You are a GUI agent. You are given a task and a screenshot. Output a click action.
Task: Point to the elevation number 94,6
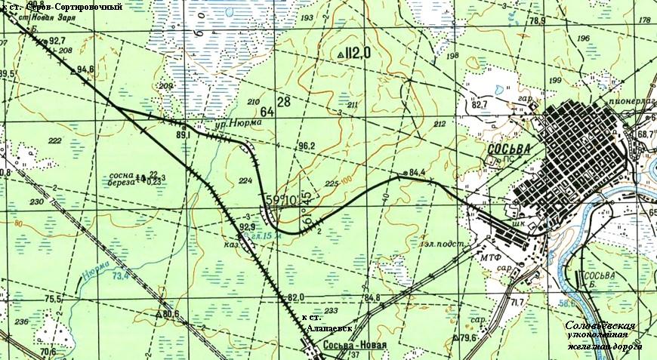(85, 69)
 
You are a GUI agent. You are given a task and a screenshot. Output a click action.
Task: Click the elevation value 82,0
(295, 297)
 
